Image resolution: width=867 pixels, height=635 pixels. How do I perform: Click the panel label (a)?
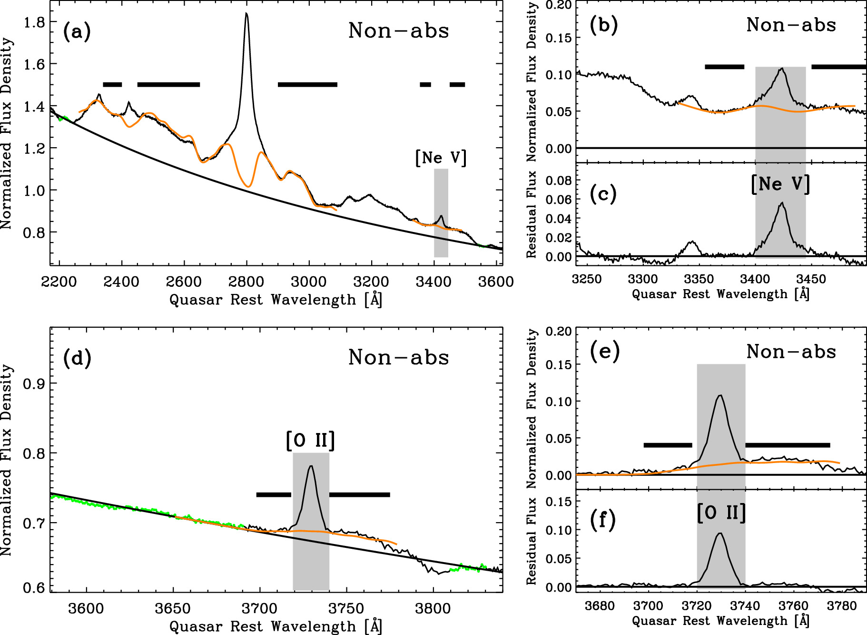[x=77, y=32]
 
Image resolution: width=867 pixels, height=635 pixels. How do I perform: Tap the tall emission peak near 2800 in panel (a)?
[x=246, y=14]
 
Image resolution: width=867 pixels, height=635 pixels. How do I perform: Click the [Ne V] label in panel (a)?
[x=441, y=158]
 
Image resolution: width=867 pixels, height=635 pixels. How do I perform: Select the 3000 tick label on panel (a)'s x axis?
[x=308, y=282]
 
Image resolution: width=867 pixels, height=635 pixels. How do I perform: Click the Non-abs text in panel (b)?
[x=791, y=25]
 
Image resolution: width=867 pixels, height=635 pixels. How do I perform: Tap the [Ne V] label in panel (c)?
[x=780, y=184]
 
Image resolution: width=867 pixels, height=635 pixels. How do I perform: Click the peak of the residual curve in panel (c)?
[x=782, y=203]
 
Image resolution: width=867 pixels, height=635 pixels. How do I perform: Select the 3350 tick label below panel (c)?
[x=699, y=279]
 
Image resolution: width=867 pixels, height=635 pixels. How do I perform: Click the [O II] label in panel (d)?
[x=310, y=441]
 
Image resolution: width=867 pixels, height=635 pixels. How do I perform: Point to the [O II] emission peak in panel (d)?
[x=311, y=466]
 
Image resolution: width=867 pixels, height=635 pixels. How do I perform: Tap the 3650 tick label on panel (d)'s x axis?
[x=173, y=608]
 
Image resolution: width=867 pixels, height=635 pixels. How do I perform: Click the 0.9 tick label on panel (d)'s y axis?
[x=34, y=383]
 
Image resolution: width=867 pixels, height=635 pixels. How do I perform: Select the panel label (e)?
[x=604, y=352]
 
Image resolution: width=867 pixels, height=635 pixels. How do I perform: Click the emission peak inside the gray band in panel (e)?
[x=720, y=395]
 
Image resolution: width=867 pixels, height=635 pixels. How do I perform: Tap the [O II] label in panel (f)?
[x=721, y=513]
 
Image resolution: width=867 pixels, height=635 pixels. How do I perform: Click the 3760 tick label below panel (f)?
[x=793, y=606]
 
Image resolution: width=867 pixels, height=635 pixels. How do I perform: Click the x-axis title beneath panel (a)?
[x=276, y=300]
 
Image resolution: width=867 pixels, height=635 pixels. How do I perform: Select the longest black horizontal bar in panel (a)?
[x=168, y=85]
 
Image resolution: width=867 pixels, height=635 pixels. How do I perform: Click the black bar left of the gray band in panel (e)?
[x=668, y=445]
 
